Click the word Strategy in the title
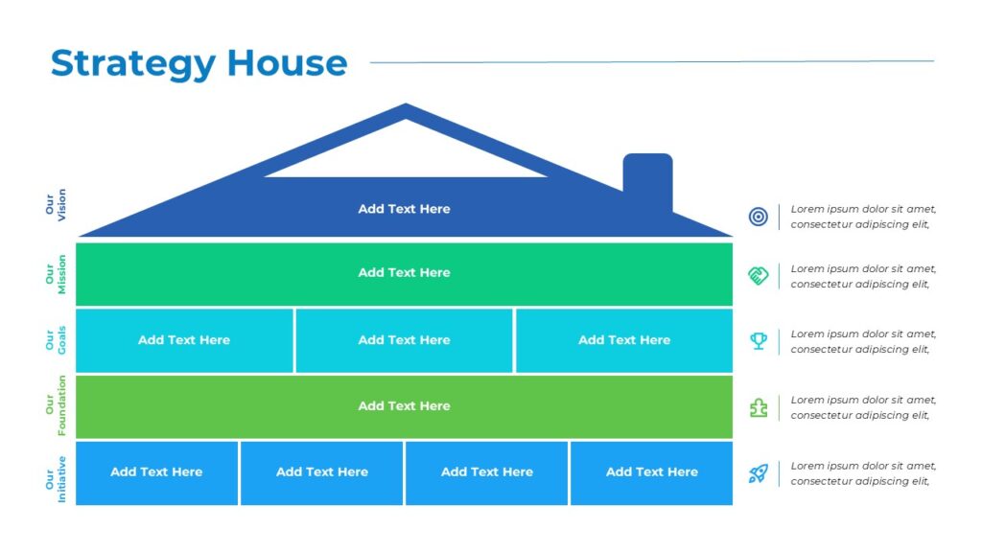pos(132,64)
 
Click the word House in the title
pos(287,63)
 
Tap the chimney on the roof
pos(647,180)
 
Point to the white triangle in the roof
pos(406,153)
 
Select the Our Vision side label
pos(56,205)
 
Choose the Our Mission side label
pos(56,274)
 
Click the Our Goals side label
pos(56,340)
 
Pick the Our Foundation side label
pos(56,406)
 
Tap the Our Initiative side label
pos(56,472)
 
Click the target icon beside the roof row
pos(758,217)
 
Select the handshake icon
pos(758,276)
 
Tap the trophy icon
pos(758,341)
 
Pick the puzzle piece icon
pos(758,407)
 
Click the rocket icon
pos(758,473)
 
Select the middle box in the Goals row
pos(404,340)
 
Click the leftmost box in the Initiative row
pos(156,472)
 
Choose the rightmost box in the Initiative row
pos(651,472)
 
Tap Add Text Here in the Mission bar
pos(404,273)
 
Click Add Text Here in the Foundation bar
pos(404,406)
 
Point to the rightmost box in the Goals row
pos(623,340)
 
